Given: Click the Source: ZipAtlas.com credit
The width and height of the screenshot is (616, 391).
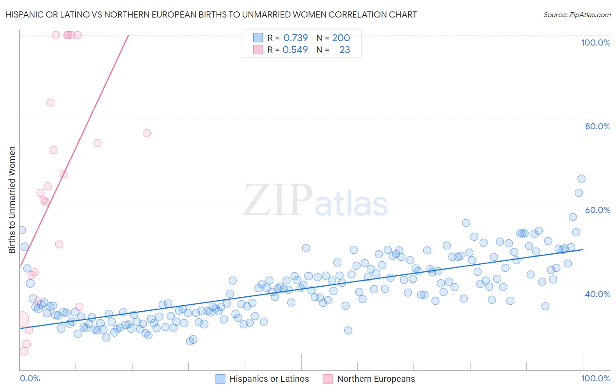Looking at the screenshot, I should click(x=577, y=14).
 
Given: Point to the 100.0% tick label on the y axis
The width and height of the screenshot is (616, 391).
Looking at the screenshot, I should click(x=595, y=43).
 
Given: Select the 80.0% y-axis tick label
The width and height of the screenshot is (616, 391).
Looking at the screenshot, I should click(x=598, y=126).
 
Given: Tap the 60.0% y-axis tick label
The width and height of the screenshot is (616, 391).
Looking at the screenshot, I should click(x=598, y=210).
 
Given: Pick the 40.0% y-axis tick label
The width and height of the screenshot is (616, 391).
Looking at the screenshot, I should click(x=598, y=294).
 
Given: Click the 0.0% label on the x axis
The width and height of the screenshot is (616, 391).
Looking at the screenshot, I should click(x=30, y=378).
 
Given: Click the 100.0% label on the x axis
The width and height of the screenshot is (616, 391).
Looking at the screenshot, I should click(x=595, y=378).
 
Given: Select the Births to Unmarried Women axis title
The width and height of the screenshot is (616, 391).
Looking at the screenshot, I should click(x=12, y=200).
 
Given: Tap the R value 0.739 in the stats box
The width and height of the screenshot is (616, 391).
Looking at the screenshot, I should click(x=295, y=38).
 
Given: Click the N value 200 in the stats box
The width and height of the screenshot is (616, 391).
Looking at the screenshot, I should click(x=341, y=38).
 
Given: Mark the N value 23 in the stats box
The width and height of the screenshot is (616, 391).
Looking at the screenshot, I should click(x=345, y=50).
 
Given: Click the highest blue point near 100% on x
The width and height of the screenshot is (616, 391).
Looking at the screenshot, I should click(x=581, y=178).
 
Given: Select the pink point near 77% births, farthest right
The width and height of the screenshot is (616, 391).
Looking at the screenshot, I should click(x=147, y=133).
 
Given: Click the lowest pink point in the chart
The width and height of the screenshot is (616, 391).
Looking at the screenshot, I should click(x=24, y=351).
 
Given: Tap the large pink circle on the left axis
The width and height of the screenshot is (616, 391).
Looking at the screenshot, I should click(x=20, y=319).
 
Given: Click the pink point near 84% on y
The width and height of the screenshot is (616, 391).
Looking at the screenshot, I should click(x=50, y=103).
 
